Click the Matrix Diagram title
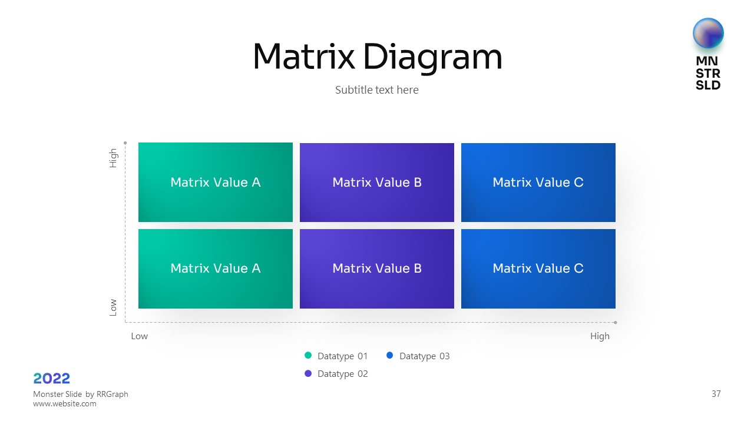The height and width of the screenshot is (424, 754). click(x=377, y=57)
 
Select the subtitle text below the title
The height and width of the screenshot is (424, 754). click(x=377, y=90)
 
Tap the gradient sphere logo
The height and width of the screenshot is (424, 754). click(x=708, y=33)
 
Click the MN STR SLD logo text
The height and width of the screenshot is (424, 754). click(x=708, y=73)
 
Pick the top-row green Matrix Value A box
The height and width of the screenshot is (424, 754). click(x=216, y=183)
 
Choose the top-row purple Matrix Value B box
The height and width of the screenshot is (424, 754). click(x=377, y=183)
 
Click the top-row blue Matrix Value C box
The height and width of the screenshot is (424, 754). click(x=538, y=183)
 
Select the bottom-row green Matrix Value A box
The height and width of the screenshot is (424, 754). click(x=216, y=269)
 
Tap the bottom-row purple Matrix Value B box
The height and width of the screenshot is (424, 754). click(x=377, y=269)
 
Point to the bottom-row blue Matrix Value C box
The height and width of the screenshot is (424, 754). click(x=538, y=269)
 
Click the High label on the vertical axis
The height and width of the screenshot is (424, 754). click(x=113, y=158)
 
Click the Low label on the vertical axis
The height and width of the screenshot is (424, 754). click(x=113, y=307)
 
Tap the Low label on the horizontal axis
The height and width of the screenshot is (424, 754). click(x=140, y=336)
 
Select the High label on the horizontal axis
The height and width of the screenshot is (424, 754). click(x=600, y=336)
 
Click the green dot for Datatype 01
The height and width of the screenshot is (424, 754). click(x=308, y=356)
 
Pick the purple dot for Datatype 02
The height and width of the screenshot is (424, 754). click(x=308, y=373)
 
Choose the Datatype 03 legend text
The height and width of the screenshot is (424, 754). click(x=424, y=356)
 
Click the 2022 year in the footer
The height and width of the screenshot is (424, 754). click(x=52, y=378)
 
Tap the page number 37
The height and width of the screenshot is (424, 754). click(x=716, y=394)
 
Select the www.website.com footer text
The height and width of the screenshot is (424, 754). click(x=65, y=404)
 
